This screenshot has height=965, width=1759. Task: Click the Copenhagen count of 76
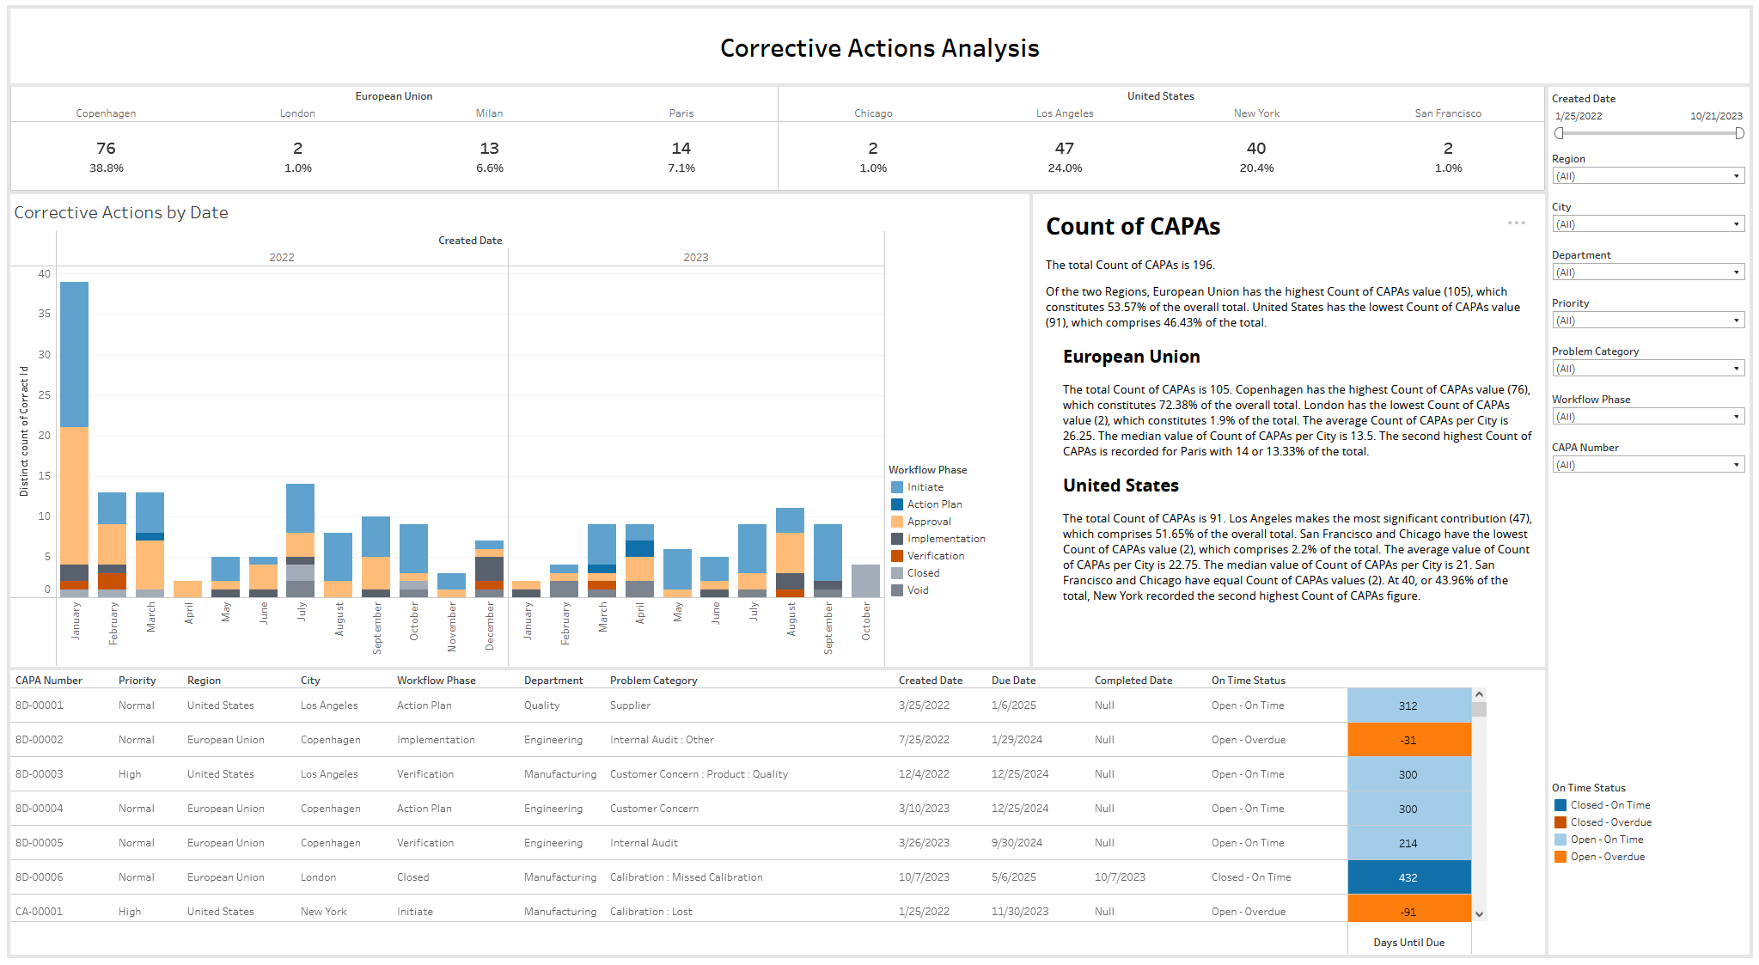[x=106, y=149]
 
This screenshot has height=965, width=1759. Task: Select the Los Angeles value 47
[x=1065, y=149]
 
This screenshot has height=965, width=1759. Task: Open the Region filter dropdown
[x=1648, y=176]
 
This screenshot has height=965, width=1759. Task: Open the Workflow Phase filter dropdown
[x=1648, y=417]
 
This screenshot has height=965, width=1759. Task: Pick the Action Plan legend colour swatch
[x=897, y=504]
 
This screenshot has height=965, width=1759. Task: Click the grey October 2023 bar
[x=865, y=581]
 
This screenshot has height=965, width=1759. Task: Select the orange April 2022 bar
[x=187, y=589]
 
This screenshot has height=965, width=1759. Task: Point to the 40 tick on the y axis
[x=44, y=274]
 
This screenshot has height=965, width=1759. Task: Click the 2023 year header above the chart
[x=696, y=258]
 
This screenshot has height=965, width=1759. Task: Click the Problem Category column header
[x=654, y=681]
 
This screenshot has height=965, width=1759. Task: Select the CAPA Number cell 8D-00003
[x=40, y=774]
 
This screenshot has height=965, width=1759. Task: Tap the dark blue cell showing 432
[x=1409, y=877]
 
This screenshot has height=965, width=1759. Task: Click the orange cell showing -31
[x=1409, y=740]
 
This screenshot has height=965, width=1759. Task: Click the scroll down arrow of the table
[x=1479, y=914]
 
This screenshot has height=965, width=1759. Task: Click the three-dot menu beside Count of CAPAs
[x=1517, y=223]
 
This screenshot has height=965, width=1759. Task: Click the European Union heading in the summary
[x=1132, y=357]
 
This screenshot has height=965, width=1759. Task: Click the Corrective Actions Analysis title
[x=880, y=48]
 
